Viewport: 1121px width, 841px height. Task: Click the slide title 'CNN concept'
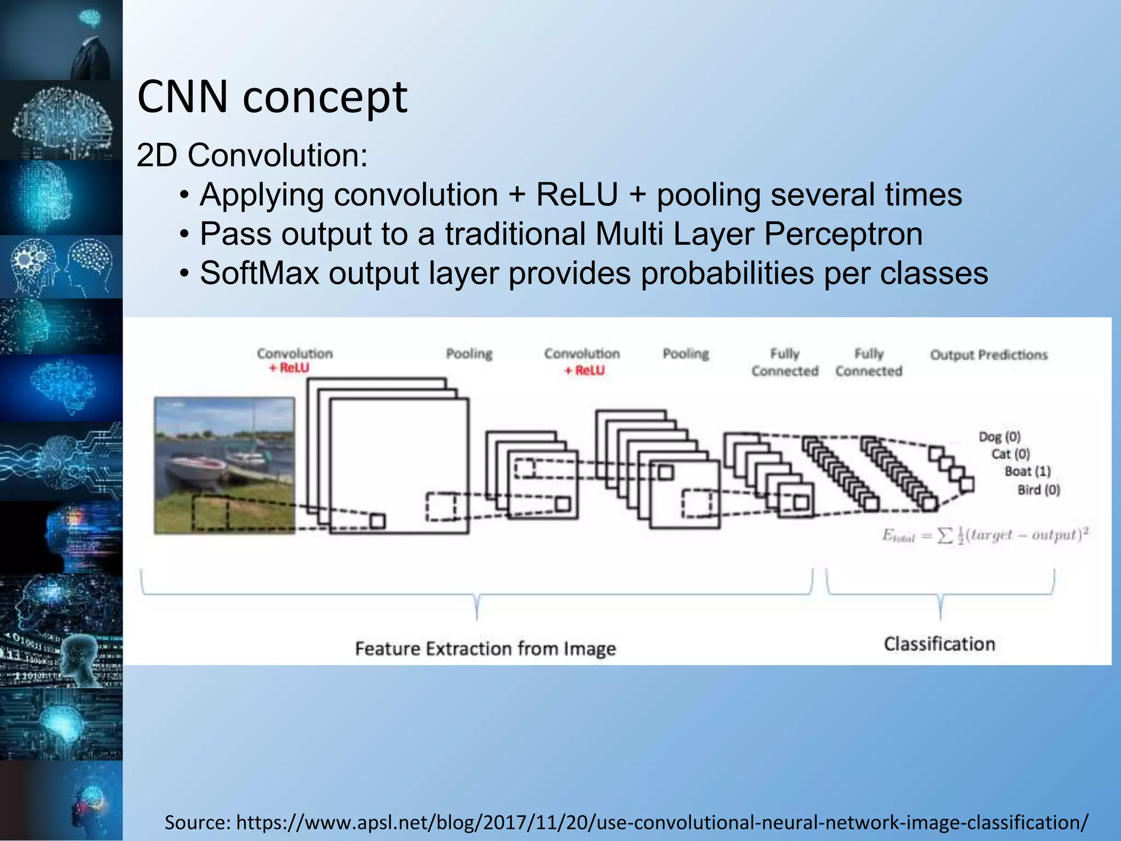(272, 97)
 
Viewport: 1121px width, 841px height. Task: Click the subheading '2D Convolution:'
(252, 155)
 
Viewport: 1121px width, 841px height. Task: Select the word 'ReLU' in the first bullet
(576, 194)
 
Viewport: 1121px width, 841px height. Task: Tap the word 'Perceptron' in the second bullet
(843, 234)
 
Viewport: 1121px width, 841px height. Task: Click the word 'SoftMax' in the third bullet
(259, 273)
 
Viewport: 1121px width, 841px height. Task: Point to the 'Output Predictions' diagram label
(989, 355)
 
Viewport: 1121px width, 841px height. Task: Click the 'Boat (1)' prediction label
(1027, 471)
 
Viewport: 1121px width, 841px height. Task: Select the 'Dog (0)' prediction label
(999, 436)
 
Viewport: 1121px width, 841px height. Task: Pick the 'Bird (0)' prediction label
(1038, 489)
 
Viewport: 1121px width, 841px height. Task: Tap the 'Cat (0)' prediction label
(1010, 454)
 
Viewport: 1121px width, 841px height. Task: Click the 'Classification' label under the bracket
(939, 644)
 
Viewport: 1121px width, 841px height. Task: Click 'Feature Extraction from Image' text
(486, 649)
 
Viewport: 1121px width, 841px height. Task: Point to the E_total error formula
(985, 534)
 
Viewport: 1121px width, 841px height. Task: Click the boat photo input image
(224, 465)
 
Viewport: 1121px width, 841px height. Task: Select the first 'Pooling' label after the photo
(469, 354)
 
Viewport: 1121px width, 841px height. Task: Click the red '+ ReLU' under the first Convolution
(289, 368)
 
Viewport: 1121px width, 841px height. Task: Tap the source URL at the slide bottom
(626, 822)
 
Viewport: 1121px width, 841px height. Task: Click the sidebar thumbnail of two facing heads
(61, 267)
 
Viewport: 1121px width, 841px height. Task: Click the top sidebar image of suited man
(61, 40)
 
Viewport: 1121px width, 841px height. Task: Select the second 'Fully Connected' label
(869, 362)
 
